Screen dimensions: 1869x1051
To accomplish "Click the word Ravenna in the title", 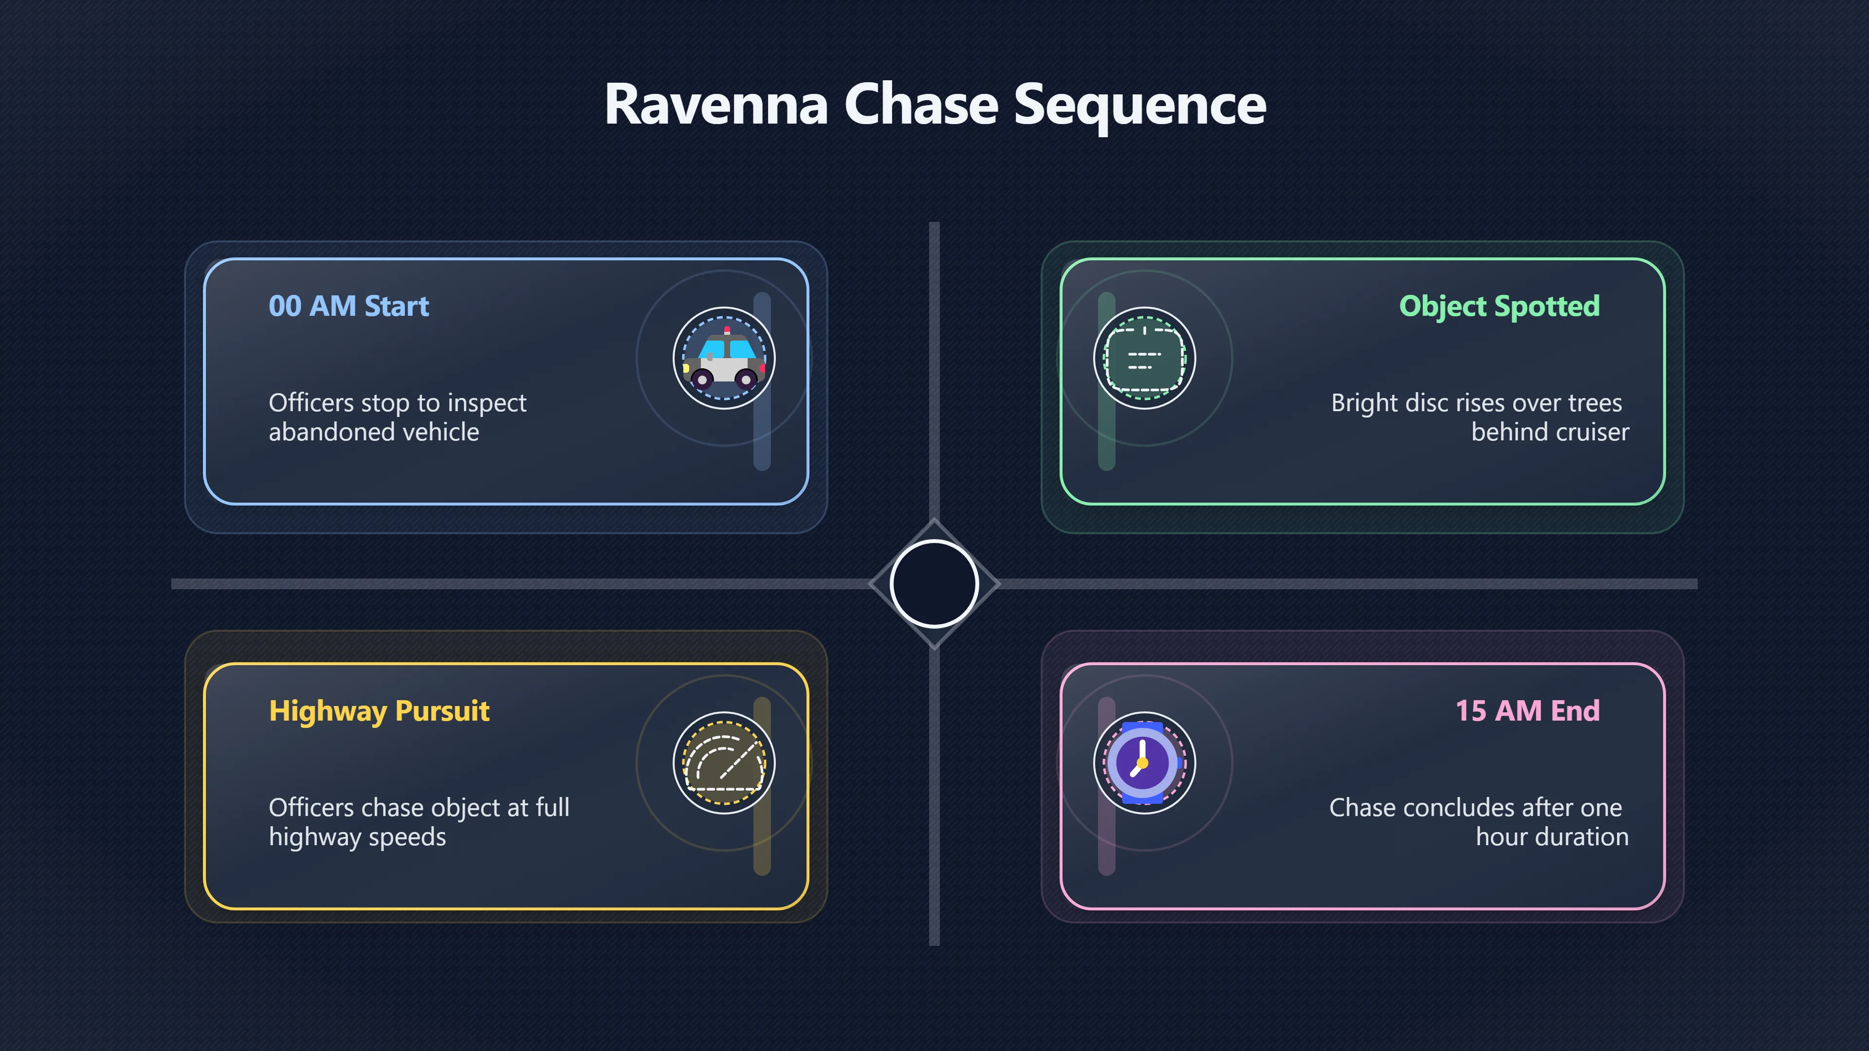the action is pos(716,105).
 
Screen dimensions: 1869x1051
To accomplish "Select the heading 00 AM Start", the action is pos(349,306).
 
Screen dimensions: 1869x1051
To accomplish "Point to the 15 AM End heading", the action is pos(1527,711).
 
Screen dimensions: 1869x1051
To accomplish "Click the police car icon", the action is pos(724,358).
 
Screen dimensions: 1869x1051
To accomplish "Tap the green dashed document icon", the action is pos(1144,358).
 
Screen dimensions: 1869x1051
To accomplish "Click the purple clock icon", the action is pos(1143,763).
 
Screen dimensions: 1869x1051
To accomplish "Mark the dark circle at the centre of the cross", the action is pos(934,583).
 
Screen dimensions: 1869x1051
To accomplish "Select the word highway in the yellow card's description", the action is pos(314,838).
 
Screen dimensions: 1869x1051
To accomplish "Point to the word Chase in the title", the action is pos(921,105).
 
